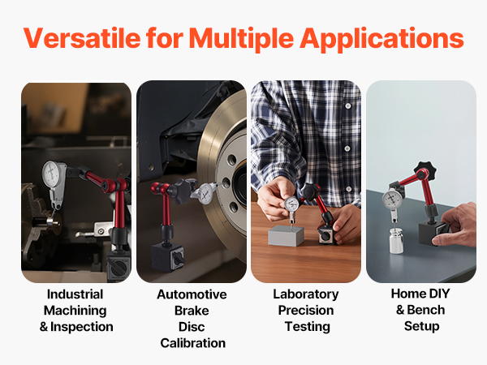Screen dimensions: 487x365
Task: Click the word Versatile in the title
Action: tap(82, 38)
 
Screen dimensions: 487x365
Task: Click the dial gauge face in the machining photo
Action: tap(52, 174)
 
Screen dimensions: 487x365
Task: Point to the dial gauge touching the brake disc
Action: tap(205, 193)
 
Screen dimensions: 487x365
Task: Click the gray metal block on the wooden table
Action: tap(286, 235)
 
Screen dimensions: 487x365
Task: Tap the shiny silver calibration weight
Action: tap(396, 241)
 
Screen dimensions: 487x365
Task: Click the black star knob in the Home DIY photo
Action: tap(425, 170)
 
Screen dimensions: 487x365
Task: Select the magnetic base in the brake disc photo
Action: tap(168, 256)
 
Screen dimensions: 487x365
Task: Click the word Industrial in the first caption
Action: tap(75, 294)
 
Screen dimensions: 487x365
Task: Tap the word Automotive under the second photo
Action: tap(192, 294)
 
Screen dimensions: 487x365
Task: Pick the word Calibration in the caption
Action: tap(193, 343)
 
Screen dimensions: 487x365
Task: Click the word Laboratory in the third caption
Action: tap(306, 294)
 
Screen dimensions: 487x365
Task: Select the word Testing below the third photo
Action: tap(308, 327)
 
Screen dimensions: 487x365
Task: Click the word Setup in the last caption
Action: tap(422, 327)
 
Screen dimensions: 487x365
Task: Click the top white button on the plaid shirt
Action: tap(348, 106)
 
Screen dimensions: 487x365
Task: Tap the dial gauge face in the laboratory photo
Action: tap(291, 204)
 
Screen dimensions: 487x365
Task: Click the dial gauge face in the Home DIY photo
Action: tap(392, 199)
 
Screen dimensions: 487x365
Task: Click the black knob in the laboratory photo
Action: tap(311, 191)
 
